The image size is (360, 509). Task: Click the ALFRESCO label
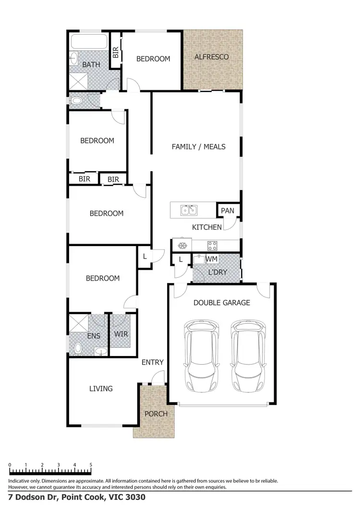pyautogui.click(x=211, y=57)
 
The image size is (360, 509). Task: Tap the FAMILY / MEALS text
pyautogui.click(x=198, y=147)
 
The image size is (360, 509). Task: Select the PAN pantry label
pyautogui.click(x=227, y=211)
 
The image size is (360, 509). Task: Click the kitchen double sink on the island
pyautogui.click(x=188, y=210)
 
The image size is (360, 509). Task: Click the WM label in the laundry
pyautogui.click(x=212, y=259)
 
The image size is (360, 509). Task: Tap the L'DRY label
pyautogui.click(x=217, y=272)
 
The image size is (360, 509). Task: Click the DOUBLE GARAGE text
pyautogui.click(x=221, y=303)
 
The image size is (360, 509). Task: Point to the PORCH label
pyautogui.click(x=156, y=414)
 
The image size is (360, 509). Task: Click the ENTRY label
pyautogui.click(x=153, y=362)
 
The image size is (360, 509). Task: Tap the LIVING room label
pyautogui.click(x=101, y=388)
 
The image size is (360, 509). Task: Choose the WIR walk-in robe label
pyautogui.click(x=121, y=333)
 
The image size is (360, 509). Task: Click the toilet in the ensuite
pyautogui.click(x=78, y=347)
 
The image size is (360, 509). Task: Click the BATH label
pyautogui.click(x=91, y=64)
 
